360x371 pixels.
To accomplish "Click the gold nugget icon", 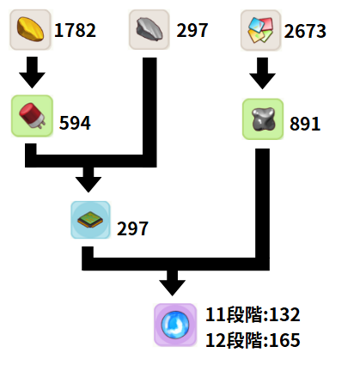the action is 30,29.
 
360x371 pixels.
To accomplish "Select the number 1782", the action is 75,30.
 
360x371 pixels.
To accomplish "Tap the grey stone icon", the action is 149,29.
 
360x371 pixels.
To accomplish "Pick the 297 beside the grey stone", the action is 192,30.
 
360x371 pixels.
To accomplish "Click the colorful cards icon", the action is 260,30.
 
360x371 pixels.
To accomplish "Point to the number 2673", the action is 305,31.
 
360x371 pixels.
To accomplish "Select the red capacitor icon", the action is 32,116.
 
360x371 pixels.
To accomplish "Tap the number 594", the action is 75,123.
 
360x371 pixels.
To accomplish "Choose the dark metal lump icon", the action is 263,119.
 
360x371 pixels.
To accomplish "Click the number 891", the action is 305,124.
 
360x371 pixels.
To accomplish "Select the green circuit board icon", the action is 90,220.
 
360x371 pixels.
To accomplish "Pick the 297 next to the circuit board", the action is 132,228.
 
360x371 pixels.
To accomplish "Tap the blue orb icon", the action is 175,325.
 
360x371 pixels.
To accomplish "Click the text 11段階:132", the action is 253,314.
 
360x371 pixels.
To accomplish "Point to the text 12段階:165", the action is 253,340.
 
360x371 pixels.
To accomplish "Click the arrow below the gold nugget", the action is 32,72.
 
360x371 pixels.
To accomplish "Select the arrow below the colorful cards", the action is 262,73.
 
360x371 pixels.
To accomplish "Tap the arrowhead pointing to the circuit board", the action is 88,184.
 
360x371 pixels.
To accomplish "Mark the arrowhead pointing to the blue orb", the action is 173,288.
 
